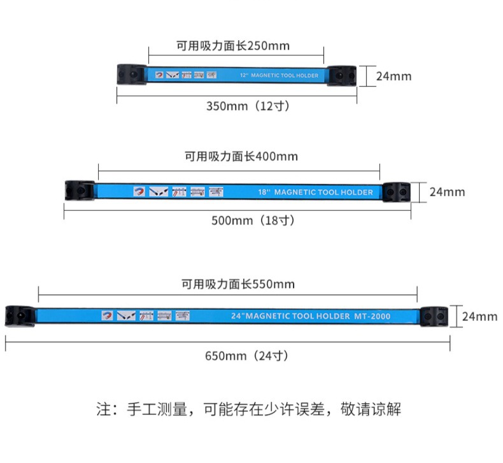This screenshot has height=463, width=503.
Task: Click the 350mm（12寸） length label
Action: [248, 106]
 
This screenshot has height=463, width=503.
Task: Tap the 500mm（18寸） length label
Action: [253, 220]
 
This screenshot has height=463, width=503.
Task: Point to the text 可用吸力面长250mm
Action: [233, 46]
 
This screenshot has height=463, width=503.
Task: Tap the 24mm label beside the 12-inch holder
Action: [393, 76]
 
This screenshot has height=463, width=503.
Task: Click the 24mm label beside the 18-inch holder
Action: [447, 192]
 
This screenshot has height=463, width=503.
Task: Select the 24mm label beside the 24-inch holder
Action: [479, 317]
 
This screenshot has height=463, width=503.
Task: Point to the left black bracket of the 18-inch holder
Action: [80, 190]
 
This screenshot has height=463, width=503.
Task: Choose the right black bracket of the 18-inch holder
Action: [396, 191]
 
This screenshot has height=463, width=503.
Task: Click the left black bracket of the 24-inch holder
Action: [20, 315]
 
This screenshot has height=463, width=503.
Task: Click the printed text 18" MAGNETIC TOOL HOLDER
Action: [316, 192]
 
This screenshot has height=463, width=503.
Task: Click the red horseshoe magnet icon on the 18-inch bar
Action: [138, 191]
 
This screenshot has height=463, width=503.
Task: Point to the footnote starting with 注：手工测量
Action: [249, 409]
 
